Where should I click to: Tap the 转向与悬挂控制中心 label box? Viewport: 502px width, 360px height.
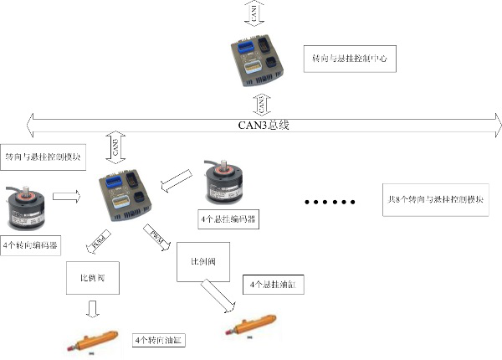point(351,59)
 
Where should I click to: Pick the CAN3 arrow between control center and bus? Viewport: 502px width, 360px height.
point(262,102)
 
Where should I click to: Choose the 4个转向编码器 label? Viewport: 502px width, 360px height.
point(33,244)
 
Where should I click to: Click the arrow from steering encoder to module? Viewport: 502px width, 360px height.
point(66,196)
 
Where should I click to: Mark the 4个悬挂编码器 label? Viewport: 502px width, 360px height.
point(228,219)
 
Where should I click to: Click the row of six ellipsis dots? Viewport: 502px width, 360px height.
point(330,202)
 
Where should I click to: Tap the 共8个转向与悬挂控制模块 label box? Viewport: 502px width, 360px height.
point(435,201)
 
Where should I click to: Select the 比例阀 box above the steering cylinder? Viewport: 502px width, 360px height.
point(93,276)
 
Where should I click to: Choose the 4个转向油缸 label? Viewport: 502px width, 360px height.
point(159,341)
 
